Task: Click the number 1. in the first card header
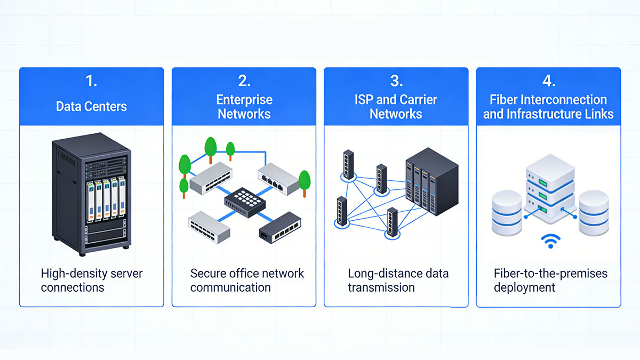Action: (x=91, y=82)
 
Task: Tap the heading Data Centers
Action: (x=91, y=106)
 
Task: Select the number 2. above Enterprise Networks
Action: (x=244, y=82)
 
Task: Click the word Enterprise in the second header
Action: (x=244, y=100)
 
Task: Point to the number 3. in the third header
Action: (x=396, y=82)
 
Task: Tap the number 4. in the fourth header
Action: (x=548, y=82)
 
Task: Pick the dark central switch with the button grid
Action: (x=244, y=201)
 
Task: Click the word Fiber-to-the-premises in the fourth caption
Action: (x=550, y=274)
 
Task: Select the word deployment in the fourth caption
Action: (x=524, y=287)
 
